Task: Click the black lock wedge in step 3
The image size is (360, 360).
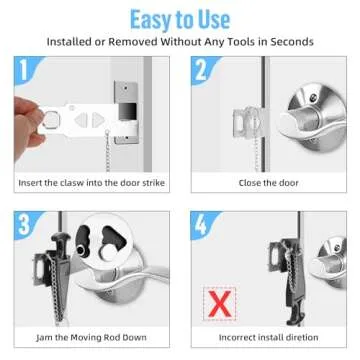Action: click(60, 275)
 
